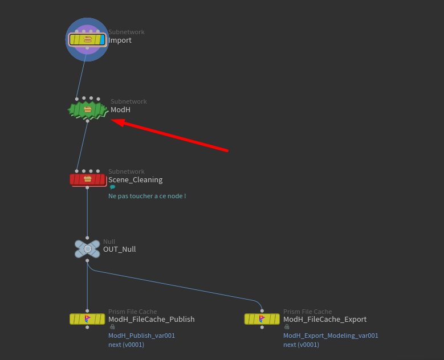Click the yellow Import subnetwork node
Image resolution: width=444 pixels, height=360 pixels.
pos(87,40)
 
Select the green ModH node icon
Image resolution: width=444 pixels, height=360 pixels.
pos(87,109)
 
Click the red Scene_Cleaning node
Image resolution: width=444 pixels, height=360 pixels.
pos(87,179)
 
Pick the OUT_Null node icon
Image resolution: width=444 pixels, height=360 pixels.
pos(87,249)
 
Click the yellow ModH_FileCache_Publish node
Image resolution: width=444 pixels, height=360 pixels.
pos(87,319)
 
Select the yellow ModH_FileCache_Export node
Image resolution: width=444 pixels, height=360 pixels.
pos(262,319)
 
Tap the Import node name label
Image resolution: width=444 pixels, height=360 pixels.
pos(120,40)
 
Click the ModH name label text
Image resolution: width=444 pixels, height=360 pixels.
pos(120,110)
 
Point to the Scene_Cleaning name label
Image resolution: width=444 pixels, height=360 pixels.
pos(135,180)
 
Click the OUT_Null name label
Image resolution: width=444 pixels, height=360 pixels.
pos(119,249)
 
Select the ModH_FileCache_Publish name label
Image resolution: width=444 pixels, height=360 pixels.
pos(151,320)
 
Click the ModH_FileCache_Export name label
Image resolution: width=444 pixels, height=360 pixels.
pos(325,320)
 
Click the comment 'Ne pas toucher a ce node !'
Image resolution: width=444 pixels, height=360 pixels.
pos(147,196)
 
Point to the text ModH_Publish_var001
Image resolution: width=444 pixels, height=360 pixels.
pos(141,336)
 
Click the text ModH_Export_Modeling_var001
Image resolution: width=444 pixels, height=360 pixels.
pos(331,336)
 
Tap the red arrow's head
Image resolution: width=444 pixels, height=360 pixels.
pos(113,120)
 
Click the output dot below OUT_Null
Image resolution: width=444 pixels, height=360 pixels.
pos(87,260)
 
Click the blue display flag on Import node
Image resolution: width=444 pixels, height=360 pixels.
pos(102,40)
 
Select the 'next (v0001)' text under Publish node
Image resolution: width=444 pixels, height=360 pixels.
pos(126,345)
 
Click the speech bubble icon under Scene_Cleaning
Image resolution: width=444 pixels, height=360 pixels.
pos(112,187)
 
